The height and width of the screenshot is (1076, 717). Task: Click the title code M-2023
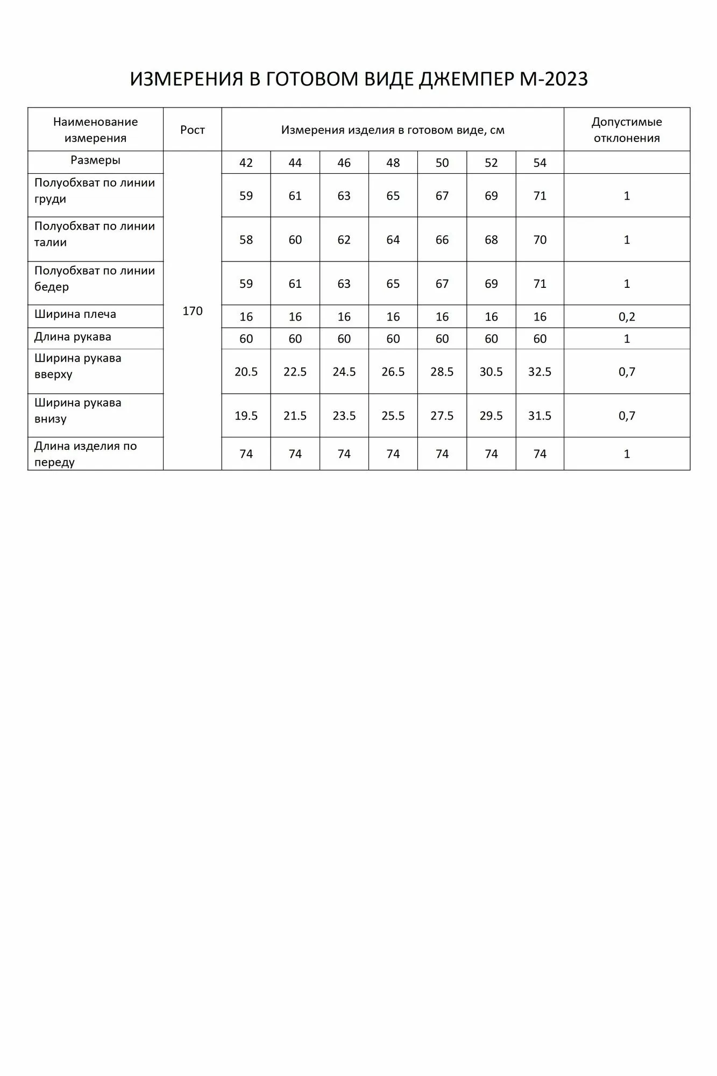tap(553, 79)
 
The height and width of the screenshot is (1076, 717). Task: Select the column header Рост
tap(193, 130)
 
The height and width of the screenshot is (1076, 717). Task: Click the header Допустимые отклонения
tap(627, 130)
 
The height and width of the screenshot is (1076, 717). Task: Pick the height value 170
tap(193, 311)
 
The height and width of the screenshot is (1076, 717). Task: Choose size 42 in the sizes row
tap(246, 163)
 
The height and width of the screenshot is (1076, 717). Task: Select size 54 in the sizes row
tap(539, 163)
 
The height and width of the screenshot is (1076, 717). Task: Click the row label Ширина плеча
tap(75, 314)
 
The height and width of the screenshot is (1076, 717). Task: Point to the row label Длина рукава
tap(73, 337)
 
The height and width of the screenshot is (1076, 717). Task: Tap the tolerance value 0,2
tap(627, 317)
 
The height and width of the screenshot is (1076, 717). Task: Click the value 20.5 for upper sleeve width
tap(246, 372)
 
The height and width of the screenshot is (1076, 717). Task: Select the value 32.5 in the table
tap(539, 372)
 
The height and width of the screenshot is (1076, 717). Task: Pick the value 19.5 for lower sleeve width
tap(246, 416)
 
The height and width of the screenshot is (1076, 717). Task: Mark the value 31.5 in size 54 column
tap(539, 416)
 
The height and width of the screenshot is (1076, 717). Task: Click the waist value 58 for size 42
tap(246, 240)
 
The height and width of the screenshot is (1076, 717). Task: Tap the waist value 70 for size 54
tap(539, 240)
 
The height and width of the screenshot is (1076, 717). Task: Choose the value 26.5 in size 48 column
tap(393, 372)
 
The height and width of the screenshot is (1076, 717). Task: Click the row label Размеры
tap(95, 160)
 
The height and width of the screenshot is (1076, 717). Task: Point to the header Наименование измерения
tap(95, 130)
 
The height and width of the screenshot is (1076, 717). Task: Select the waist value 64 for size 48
tap(393, 240)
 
